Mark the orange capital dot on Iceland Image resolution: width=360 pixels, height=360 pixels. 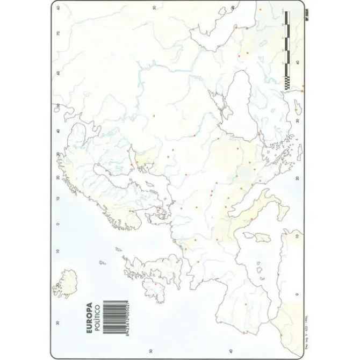(x=57, y=285)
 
